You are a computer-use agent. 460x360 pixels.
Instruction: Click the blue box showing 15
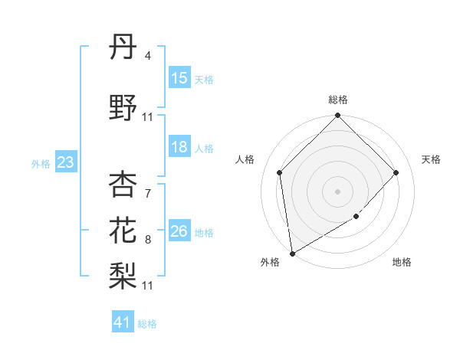pos(179,78)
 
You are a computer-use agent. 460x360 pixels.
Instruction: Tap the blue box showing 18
pos(179,148)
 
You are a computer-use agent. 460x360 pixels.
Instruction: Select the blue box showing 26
pos(179,232)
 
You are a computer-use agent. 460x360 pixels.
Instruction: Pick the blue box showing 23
pos(65,162)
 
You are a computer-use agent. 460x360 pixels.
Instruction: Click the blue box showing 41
pos(123,322)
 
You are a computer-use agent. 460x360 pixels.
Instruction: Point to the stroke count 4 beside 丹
pos(147,57)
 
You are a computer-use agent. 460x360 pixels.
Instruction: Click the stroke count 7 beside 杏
pos(147,193)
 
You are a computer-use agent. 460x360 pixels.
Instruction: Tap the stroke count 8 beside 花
pos(147,239)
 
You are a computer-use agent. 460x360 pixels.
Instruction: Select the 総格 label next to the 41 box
pos(147,324)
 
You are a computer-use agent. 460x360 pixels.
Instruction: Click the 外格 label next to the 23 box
pos(41,163)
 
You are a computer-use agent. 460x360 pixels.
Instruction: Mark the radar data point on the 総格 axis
pos(337,116)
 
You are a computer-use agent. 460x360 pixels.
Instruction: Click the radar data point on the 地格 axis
pos(356,217)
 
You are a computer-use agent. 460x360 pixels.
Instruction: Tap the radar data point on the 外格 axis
pos(292,253)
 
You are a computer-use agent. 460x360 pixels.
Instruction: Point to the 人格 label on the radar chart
pos(245,159)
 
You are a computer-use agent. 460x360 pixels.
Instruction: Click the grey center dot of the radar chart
pos(337,191)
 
